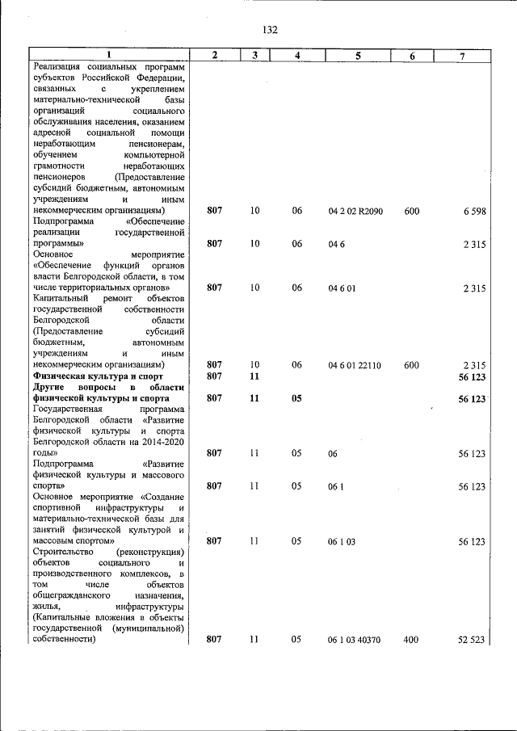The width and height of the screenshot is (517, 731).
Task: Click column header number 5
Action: click(357, 55)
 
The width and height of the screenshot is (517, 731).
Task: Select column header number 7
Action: click(461, 55)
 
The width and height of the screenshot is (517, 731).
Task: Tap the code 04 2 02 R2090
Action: click(355, 211)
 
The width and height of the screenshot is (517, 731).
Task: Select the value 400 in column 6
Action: click(411, 639)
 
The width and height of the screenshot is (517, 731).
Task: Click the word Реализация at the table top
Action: click(59, 66)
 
